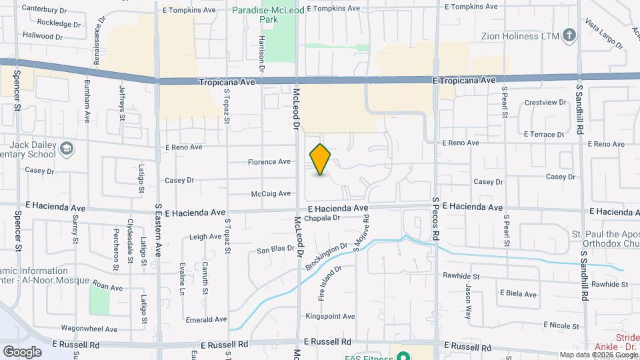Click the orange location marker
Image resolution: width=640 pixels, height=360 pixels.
pos(320,159)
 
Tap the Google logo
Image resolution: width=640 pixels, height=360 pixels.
pos(21,351)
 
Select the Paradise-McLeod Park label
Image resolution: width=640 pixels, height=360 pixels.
pos(269,14)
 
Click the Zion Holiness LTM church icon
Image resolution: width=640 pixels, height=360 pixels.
pos(569,35)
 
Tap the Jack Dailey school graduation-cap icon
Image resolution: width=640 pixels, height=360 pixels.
pos(66,149)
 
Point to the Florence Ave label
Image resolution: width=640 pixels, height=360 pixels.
pos(269,162)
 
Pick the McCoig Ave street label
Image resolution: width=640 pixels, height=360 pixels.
pos(271,194)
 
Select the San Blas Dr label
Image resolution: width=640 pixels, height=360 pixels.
pos(276,250)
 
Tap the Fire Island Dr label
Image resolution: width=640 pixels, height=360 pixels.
pos(330,283)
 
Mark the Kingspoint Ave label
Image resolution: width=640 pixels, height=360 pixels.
pos(330,316)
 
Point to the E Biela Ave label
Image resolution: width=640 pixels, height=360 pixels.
pos(517,294)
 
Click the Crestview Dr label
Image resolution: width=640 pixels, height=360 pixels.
pos(545,103)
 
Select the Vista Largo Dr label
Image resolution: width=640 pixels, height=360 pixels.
pos(603,35)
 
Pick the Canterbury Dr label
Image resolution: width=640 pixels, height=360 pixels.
pos(44,9)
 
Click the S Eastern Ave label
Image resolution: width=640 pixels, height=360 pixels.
pos(159,231)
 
